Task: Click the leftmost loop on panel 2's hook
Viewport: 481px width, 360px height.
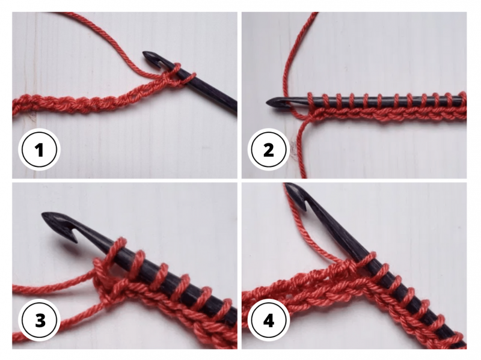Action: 310,100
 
